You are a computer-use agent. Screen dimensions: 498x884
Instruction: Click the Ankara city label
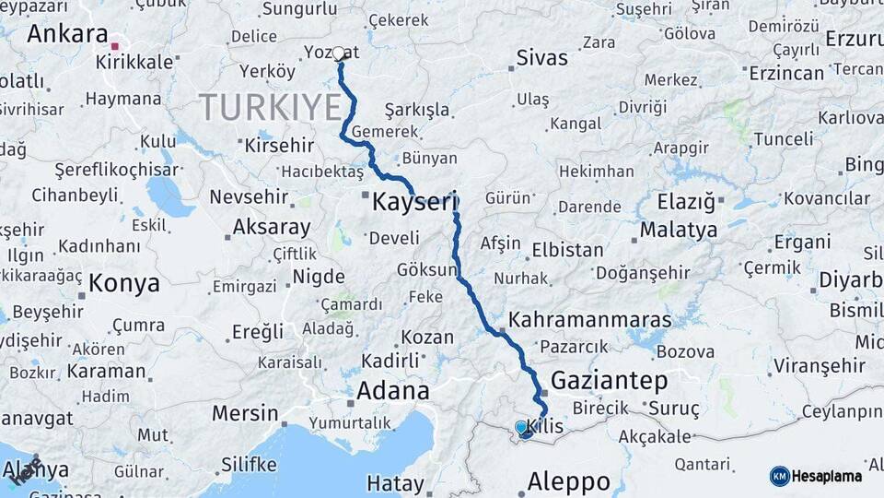(67, 34)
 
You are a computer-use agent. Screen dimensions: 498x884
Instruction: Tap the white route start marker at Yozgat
(339, 53)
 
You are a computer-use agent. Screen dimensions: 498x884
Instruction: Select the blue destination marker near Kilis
(522, 428)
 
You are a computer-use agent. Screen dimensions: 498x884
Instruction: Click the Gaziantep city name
(609, 380)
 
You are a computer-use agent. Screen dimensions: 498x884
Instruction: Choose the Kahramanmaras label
(590, 319)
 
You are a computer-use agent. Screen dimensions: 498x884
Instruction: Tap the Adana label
(393, 391)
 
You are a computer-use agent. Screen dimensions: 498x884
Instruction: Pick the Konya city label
(124, 283)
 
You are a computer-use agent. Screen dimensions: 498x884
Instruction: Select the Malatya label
(679, 229)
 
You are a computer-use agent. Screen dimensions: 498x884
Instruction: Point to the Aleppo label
(568, 480)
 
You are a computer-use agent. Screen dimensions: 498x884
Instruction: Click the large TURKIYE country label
(270, 107)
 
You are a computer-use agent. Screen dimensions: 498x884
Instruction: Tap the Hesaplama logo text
(827, 476)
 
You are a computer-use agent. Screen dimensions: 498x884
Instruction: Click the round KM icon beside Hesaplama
(780, 476)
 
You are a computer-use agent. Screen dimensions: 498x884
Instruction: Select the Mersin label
(245, 412)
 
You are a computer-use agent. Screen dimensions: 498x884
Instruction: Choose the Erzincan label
(785, 72)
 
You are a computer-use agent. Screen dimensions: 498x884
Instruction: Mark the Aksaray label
(272, 227)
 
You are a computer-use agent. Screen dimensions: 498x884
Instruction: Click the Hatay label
(395, 482)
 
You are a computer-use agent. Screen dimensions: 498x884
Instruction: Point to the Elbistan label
(567, 250)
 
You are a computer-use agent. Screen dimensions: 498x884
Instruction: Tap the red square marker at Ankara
(115, 45)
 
